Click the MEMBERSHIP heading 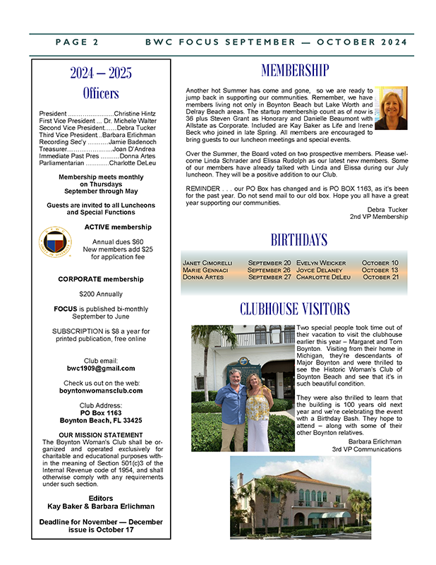[294, 70]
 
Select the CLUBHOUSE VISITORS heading [294, 309]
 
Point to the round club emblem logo [57, 243]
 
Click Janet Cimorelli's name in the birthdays [207, 263]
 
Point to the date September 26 [269, 270]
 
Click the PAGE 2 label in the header [77, 42]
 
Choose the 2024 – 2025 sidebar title [101, 73]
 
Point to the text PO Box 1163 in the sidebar [101, 412]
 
